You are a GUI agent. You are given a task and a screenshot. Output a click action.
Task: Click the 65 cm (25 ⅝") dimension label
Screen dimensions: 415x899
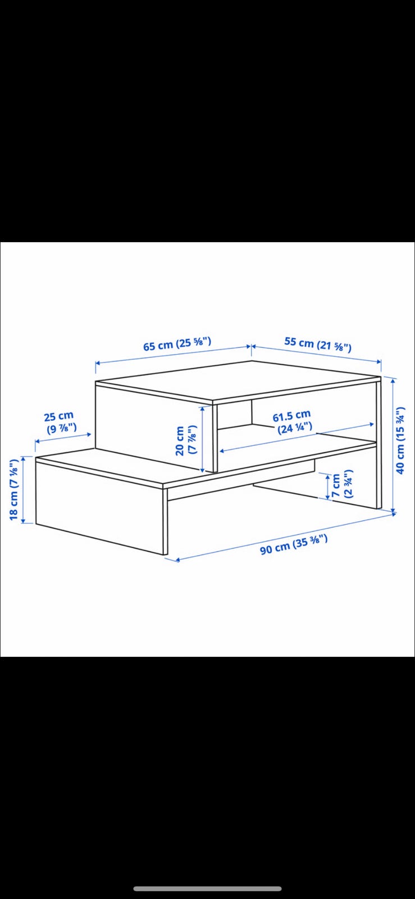click(177, 344)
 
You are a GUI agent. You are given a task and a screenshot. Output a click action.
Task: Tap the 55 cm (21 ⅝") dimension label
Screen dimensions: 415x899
click(318, 344)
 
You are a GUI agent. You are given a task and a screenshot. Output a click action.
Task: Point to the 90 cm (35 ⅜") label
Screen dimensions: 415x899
click(294, 544)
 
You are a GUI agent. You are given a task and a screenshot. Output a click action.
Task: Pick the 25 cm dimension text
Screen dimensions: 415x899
click(59, 416)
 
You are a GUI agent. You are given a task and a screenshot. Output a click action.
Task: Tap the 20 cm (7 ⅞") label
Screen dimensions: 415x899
click(186, 441)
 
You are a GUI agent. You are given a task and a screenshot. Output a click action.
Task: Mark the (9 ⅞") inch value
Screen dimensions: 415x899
click(62, 428)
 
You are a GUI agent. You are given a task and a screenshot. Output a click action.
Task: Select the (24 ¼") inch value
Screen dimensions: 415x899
click(295, 428)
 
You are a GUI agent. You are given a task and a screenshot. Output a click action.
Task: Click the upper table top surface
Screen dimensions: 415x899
click(239, 380)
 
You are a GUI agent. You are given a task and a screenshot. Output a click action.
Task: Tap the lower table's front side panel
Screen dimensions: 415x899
click(100, 508)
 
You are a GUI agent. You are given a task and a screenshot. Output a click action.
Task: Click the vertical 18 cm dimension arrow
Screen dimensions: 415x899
click(23, 489)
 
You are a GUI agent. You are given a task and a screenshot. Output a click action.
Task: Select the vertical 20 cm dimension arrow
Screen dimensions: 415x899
click(203, 439)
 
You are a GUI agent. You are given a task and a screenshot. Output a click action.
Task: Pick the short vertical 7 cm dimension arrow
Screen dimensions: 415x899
click(327, 487)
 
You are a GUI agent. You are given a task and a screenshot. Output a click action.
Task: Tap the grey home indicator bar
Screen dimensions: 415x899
click(207, 889)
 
